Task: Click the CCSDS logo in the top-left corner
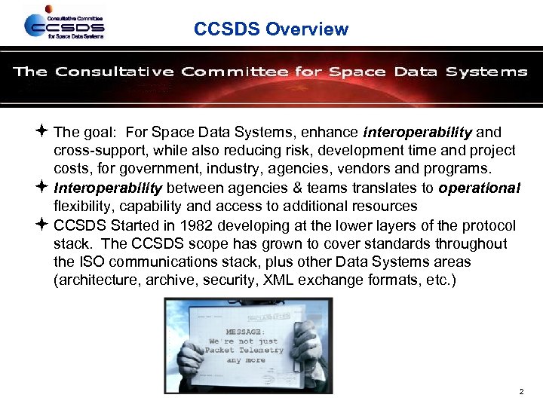pyautogui.click(x=63, y=25)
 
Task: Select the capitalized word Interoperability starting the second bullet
pyautogui.click(x=108, y=188)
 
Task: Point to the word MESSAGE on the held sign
pyautogui.click(x=245, y=331)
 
